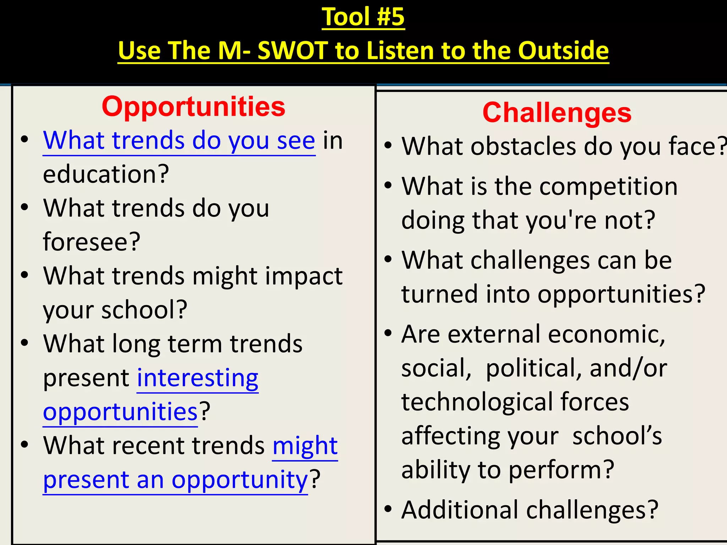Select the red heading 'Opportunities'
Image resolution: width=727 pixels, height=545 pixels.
coord(193,106)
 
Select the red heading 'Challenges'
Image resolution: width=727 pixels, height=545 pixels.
coord(557,112)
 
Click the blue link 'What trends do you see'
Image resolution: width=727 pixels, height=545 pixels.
coord(179,140)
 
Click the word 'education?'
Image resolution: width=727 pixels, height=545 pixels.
coord(106,174)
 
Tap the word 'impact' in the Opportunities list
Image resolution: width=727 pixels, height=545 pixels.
coord(305,276)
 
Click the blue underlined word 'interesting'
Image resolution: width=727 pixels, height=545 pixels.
coord(198,378)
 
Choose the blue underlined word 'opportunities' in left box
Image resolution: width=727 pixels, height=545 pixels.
coord(120,412)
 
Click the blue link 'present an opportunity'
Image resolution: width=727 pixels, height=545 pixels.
coord(175,480)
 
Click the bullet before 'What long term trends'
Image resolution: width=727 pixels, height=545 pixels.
coord(24,343)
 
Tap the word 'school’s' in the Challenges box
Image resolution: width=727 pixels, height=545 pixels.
coord(617,436)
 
